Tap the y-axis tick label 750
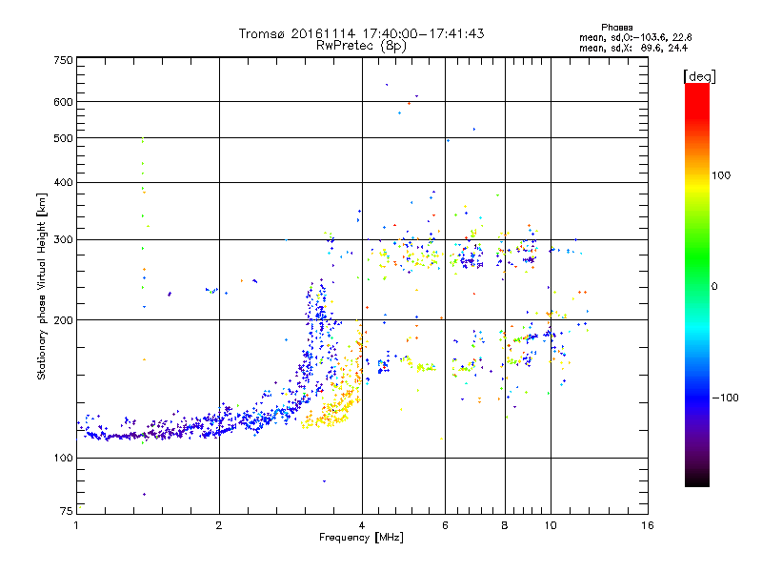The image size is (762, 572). click(63, 60)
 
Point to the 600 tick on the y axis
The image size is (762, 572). click(63, 102)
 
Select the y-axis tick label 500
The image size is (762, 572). click(63, 138)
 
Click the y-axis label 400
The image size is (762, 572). click(63, 182)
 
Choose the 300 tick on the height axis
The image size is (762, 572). click(63, 239)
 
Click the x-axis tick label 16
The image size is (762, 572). click(647, 525)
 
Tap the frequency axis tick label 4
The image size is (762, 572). click(362, 525)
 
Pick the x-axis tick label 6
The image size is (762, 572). click(445, 525)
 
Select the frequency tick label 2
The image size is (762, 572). click(219, 525)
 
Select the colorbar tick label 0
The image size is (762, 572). click(715, 286)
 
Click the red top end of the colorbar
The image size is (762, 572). click(696, 88)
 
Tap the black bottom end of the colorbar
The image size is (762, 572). click(696, 482)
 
